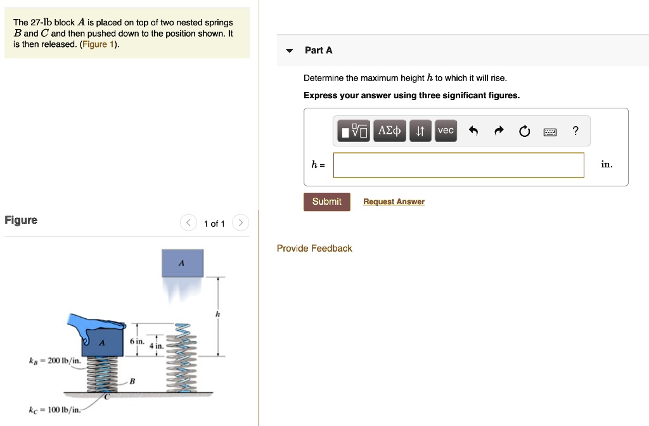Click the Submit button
(326, 202)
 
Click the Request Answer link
(394, 202)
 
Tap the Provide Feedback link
(314, 248)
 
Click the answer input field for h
(458, 165)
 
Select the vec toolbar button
(446, 131)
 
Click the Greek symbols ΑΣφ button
(389, 131)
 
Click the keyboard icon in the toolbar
(549, 131)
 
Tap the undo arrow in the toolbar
(473, 131)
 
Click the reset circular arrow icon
(524, 131)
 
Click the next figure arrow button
(240, 223)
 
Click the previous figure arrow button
(188, 223)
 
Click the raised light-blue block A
(182, 262)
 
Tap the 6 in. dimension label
(137, 341)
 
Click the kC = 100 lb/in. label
(55, 410)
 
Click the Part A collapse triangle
(290, 51)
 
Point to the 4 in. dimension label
(156, 345)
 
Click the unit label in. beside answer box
(607, 165)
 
